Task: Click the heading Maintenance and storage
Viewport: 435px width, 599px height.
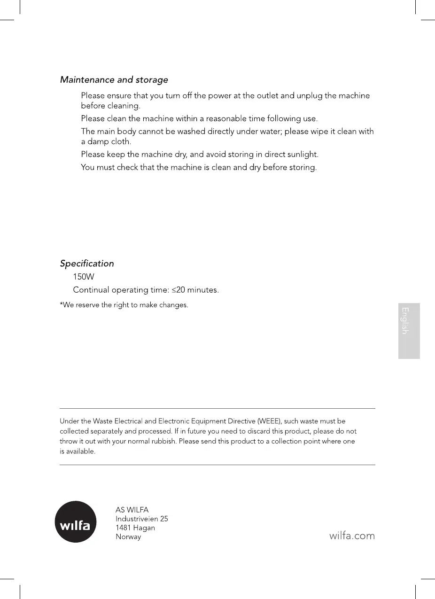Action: pyautogui.click(x=114, y=80)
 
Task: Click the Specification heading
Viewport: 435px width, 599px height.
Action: pyautogui.click(x=87, y=264)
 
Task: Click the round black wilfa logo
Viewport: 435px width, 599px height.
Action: pyautogui.click(x=76, y=522)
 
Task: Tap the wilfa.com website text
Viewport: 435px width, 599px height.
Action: pyautogui.click(x=352, y=535)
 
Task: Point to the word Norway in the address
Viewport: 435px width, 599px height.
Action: pyautogui.click(x=128, y=537)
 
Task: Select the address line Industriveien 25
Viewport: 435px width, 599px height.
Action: pyautogui.click(x=142, y=519)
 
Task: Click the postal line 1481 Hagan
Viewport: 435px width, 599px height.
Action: pyautogui.click(x=135, y=528)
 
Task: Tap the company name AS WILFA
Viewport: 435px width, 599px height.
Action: pyautogui.click(x=132, y=510)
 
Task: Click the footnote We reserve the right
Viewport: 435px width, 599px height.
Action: pyautogui.click(x=124, y=305)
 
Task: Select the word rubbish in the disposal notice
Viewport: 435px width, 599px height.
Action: pyautogui.click(x=163, y=442)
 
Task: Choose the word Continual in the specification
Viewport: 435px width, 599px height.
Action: pyautogui.click(x=91, y=290)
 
